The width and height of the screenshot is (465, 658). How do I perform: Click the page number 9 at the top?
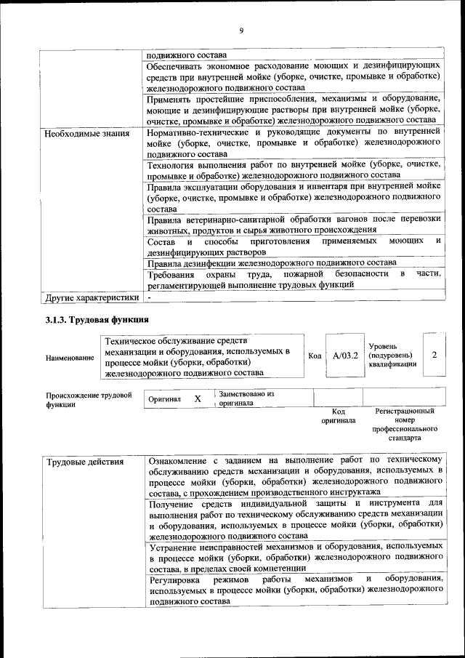(x=240, y=30)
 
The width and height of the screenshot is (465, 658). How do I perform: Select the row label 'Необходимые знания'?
(x=87, y=134)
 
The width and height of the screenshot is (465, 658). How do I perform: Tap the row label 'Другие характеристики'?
(x=92, y=297)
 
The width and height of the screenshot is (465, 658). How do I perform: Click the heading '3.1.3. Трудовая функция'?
(x=97, y=320)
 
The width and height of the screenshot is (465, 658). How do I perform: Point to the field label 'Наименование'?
(x=70, y=358)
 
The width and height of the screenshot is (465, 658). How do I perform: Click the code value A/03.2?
(x=345, y=356)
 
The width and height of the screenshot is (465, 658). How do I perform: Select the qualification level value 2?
(x=434, y=355)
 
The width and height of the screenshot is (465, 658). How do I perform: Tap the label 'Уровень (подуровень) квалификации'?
(x=392, y=355)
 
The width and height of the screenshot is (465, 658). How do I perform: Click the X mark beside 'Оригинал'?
(x=197, y=399)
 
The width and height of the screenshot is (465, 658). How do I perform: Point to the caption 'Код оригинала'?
(x=338, y=416)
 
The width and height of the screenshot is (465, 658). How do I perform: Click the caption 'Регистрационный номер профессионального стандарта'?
(x=405, y=425)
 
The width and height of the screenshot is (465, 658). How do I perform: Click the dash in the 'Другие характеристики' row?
(x=149, y=297)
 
